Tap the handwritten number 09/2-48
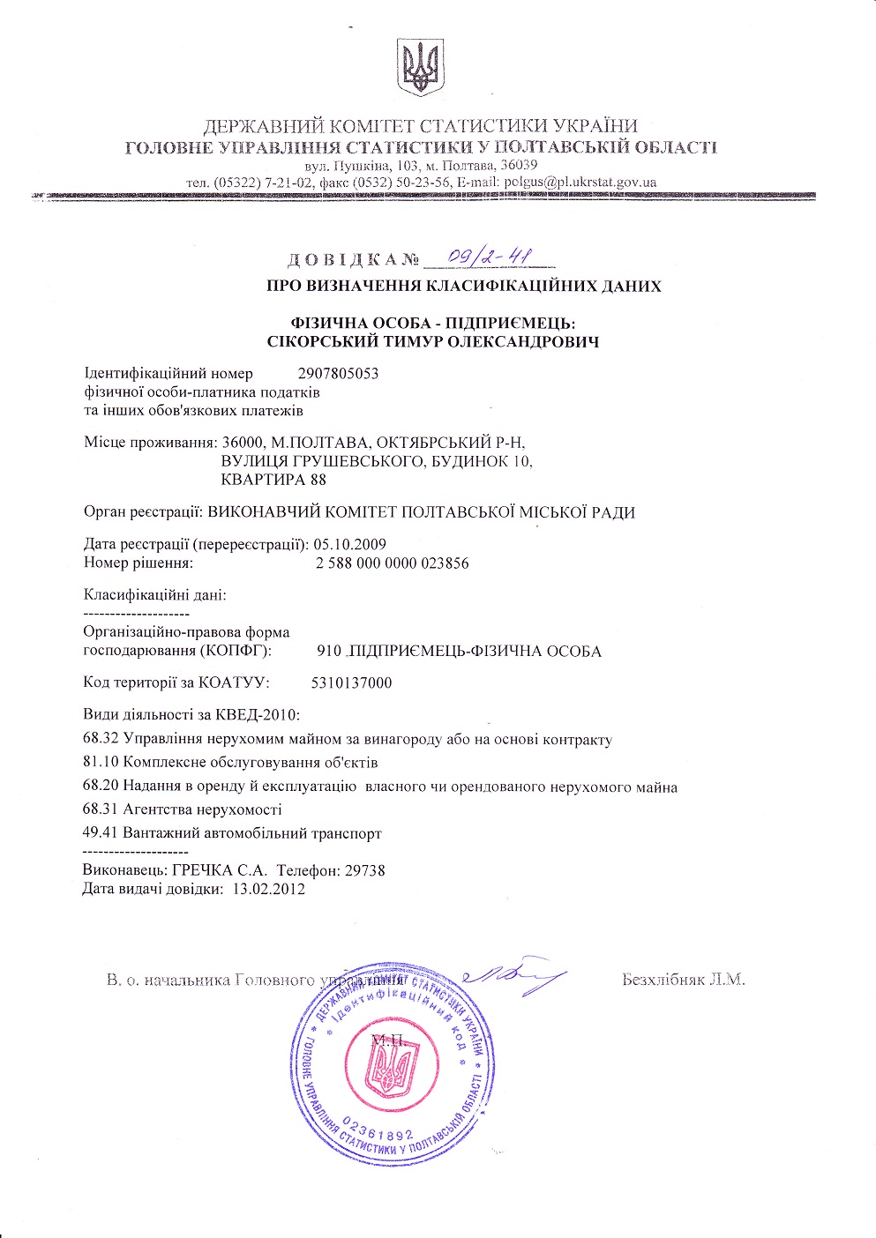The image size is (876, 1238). [x=490, y=256]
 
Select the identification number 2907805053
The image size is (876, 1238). [x=339, y=373]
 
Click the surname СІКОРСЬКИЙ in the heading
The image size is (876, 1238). [x=313, y=341]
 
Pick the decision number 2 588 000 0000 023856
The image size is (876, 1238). [x=392, y=563]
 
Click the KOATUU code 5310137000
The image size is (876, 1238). [x=351, y=682]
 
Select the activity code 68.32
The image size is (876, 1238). [x=101, y=739]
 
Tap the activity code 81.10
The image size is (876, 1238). [x=101, y=762]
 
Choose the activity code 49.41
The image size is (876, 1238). [x=101, y=832]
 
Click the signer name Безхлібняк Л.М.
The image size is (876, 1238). [x=683, y=980]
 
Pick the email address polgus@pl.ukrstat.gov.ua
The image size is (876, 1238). [x=579, y=183]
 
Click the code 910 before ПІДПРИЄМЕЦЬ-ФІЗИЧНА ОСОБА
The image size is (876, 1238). [x=328, y=652]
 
